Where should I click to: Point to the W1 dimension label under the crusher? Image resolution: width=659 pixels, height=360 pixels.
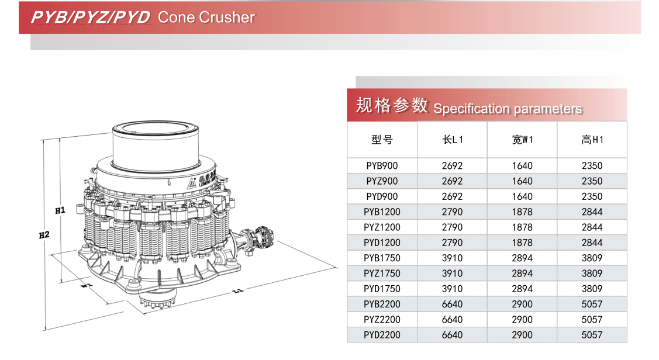point(86,286)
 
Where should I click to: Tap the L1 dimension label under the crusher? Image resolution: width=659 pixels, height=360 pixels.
point(237,290)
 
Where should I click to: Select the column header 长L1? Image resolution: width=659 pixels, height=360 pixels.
point(452,140)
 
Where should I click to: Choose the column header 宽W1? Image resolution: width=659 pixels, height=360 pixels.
point(522,140)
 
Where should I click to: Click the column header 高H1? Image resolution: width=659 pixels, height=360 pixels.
point(592,140)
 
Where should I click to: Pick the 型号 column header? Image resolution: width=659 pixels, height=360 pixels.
point(382,140)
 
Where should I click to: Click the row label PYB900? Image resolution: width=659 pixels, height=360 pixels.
point(382,166)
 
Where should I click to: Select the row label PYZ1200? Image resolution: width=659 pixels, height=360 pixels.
point(382,227)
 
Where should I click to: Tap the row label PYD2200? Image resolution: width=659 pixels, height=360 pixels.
point(382,335)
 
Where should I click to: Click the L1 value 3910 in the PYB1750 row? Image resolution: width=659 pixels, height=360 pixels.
point(452,258)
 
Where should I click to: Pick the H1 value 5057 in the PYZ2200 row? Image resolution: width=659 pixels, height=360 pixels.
point(592,320)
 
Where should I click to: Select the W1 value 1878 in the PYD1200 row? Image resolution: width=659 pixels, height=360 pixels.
point(522,243)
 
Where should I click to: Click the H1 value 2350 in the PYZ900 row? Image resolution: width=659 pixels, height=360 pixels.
point(592,181)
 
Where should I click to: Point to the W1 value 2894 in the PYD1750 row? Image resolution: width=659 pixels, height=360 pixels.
point(522,289)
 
